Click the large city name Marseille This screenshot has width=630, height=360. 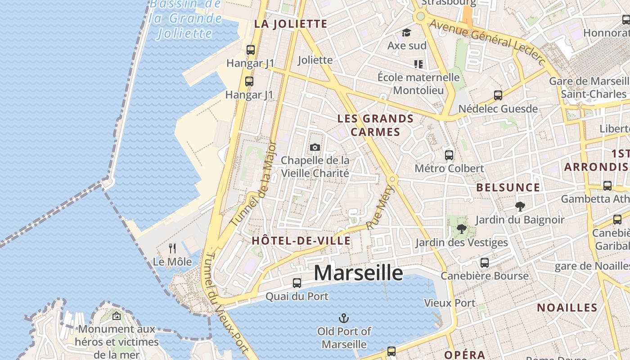tap(358, 273)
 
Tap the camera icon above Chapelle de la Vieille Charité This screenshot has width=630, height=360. tap(315, 147)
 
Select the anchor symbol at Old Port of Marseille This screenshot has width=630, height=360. tap(344, 319)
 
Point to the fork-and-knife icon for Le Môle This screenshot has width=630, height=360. tap(172, 248)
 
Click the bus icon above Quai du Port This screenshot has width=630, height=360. tap(297, 283)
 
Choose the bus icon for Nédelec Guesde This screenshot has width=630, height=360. tap(498, 95)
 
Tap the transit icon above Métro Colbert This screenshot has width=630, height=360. tap(449, 155)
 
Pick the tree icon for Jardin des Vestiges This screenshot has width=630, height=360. tap(461, 229)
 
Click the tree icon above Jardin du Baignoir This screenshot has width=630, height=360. tap(520, 207)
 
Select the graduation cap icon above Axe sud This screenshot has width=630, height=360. tap(407, 32)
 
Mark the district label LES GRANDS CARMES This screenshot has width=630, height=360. tap(375, 125)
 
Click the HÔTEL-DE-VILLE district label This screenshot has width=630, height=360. tap(301, 241)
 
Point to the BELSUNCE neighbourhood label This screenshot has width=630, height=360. tap(508, 188)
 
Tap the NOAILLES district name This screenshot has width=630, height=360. tap(567, 308)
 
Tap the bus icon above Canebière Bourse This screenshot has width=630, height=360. tap(485, 263)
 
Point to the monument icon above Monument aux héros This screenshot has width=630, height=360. tap(117, 316)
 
